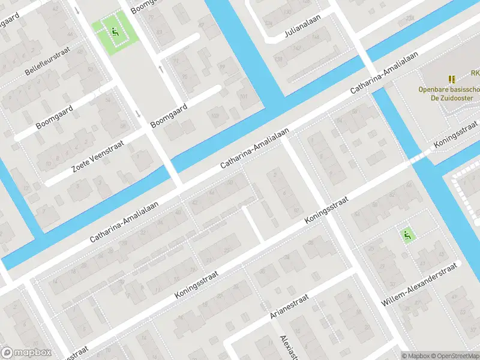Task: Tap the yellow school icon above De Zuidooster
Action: click(452, 79)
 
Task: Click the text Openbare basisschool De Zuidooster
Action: click(449, 94)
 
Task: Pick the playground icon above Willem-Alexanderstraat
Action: click(407, 236)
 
